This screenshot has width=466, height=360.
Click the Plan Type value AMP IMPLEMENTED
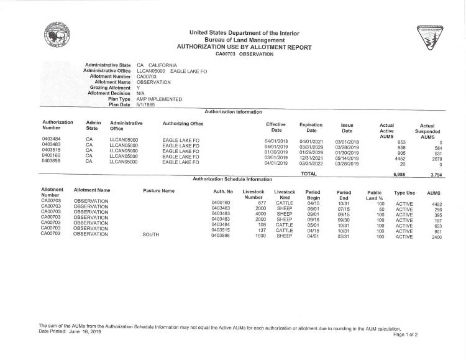(x=159, y=99)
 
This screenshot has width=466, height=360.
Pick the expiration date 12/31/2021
(x=311, y=158)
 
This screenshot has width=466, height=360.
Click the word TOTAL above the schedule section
(x=309, y=174)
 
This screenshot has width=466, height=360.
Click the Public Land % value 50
(x=380, y=208)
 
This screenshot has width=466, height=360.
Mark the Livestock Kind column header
(x=285, y=195)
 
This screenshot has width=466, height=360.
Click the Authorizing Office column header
(x=183, y=123)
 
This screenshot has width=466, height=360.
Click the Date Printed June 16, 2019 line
(x=70, y=331)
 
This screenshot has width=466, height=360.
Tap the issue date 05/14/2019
(x=347, y=158)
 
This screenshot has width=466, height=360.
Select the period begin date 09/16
(x=313, y=219)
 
